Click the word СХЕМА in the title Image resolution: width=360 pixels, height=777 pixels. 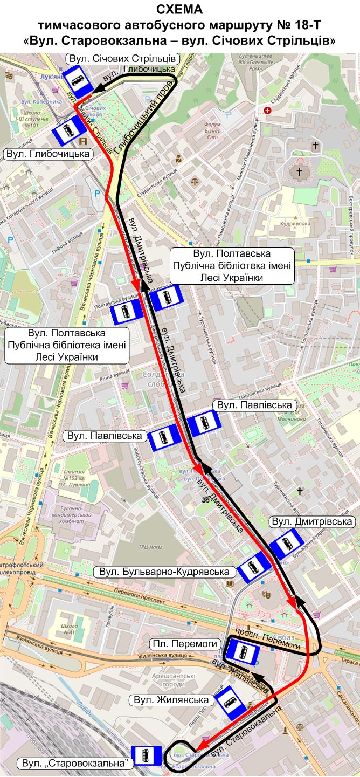[179, 9]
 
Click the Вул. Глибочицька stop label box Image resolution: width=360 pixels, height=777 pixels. [47, 154]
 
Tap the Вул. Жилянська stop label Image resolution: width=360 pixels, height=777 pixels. [171, 700]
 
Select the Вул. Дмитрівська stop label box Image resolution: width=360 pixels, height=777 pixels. [312, 522]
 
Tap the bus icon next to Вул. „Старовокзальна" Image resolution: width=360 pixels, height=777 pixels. [146, 756]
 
